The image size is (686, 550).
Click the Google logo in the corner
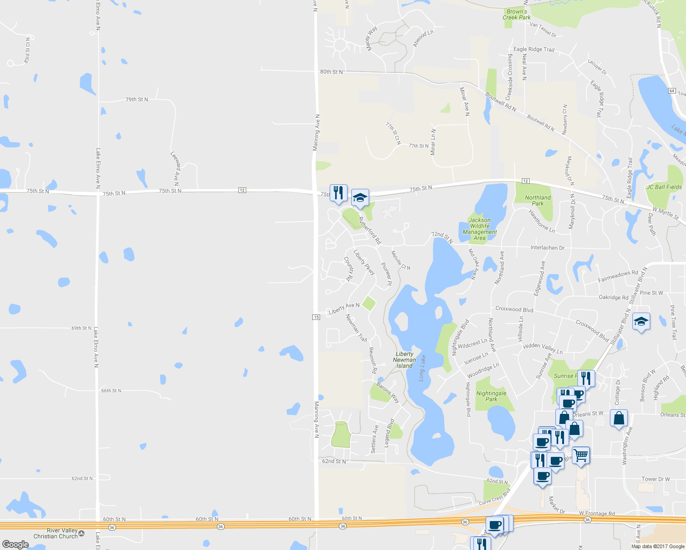[15, 544]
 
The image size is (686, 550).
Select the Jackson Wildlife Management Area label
[480, 229]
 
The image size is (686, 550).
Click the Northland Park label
[538, 200]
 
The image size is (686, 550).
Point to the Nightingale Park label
[491, 396]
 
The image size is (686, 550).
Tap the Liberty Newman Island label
[404, 360]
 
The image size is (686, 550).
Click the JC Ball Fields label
[664, 187]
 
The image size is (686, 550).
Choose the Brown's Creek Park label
[516, 15]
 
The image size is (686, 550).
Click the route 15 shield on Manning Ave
[316, 317]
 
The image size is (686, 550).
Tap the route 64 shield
[672, 91]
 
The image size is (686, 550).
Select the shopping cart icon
[581, 455]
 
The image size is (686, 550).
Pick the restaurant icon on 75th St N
[338, 192]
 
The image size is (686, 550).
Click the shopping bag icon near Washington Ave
[619, 418]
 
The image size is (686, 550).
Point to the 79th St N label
[137, 99]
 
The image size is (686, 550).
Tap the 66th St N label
[111, 390]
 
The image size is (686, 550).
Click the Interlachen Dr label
[547, 247]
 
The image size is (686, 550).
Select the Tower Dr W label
[655, 479]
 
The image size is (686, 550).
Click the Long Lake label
[422, 368]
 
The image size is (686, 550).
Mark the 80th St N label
[331, 72]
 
